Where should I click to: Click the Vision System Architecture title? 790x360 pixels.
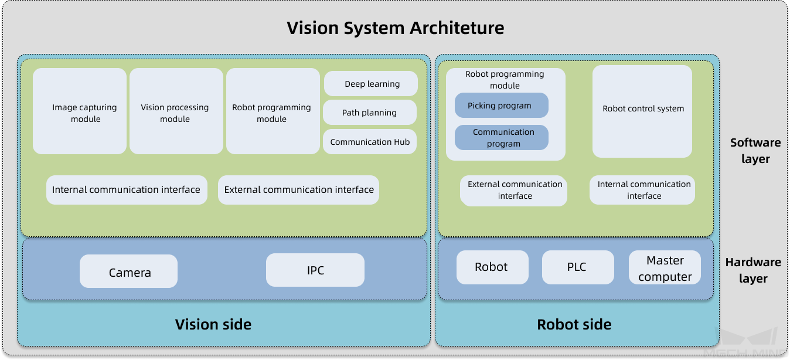(395, 28)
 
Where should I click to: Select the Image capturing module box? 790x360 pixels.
(80, 111)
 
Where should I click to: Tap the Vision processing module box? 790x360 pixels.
(176, 111)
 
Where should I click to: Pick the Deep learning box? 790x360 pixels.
(371, 84)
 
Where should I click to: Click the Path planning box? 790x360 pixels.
(370, 113)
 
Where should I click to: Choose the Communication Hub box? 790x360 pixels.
(370, 142)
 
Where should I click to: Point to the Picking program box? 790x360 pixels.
(501, 106)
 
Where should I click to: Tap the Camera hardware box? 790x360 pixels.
(129, 271)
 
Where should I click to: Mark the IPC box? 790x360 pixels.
(315, 270)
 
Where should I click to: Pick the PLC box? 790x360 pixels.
(578, 267)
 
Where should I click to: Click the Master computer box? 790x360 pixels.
(665, 268)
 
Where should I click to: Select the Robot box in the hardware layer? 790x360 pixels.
(492, 267)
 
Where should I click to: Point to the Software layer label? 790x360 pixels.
(755, 151)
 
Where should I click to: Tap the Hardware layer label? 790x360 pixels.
(752, 270)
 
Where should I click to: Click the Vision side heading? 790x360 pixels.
(213, 324)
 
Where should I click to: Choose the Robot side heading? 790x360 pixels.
(574, 324)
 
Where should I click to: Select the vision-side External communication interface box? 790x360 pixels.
(299, 190)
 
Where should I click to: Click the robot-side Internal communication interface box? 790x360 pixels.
(642, 190)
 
